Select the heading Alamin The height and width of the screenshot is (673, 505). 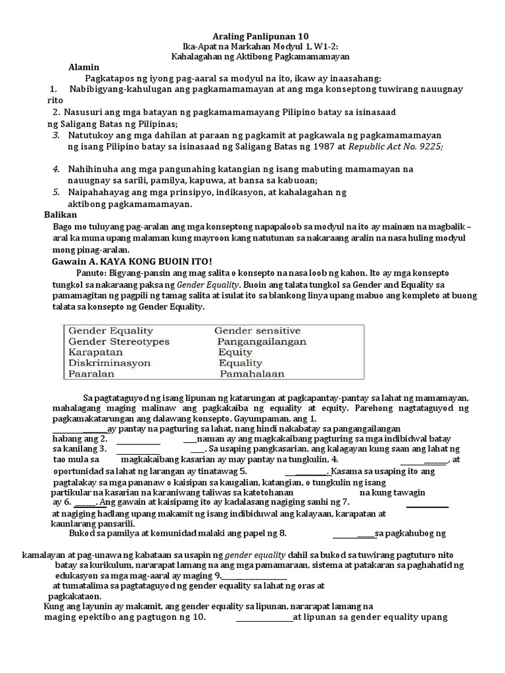(x=84, y=67)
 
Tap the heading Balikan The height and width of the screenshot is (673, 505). (x=60, y=215)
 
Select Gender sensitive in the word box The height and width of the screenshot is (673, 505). (x=257, y=331)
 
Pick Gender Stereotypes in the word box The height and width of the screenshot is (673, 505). (x=118, y=342)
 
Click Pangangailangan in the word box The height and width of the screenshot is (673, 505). (x=262, y=342)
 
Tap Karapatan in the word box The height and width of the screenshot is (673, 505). (x=96, y=352)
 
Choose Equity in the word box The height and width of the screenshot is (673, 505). (x=235, y=352)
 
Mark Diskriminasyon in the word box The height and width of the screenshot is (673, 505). (x=109, y=363)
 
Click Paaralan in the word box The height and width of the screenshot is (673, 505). (x=91, y=373)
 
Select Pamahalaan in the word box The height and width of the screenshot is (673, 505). (x=252, y=373)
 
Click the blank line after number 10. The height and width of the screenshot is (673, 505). (x=264, y=618)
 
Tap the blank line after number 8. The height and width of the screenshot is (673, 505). (x=353, y=533)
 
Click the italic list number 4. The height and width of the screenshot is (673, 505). (x=57, y=169)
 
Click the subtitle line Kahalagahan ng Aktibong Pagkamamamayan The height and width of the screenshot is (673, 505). (x=252, y=57)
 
